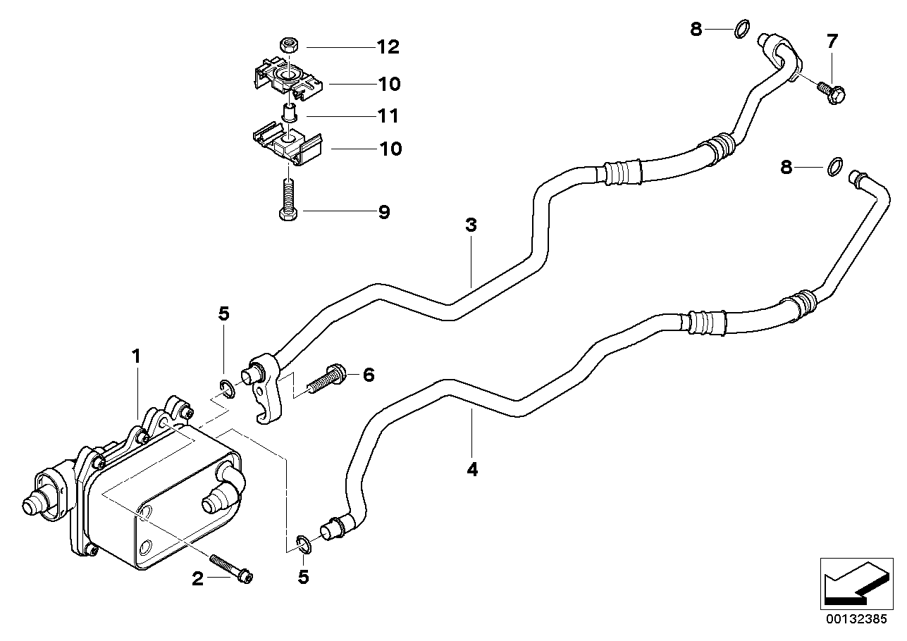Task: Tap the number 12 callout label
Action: [387, 48]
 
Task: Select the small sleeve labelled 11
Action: [288, 112]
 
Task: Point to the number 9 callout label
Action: [383, 212]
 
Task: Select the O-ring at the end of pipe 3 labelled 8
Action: [741, 30]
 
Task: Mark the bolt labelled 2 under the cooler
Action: [233, 571]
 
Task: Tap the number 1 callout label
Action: [137, 357]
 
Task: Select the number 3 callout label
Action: [471, 226]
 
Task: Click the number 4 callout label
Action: [472, 469]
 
